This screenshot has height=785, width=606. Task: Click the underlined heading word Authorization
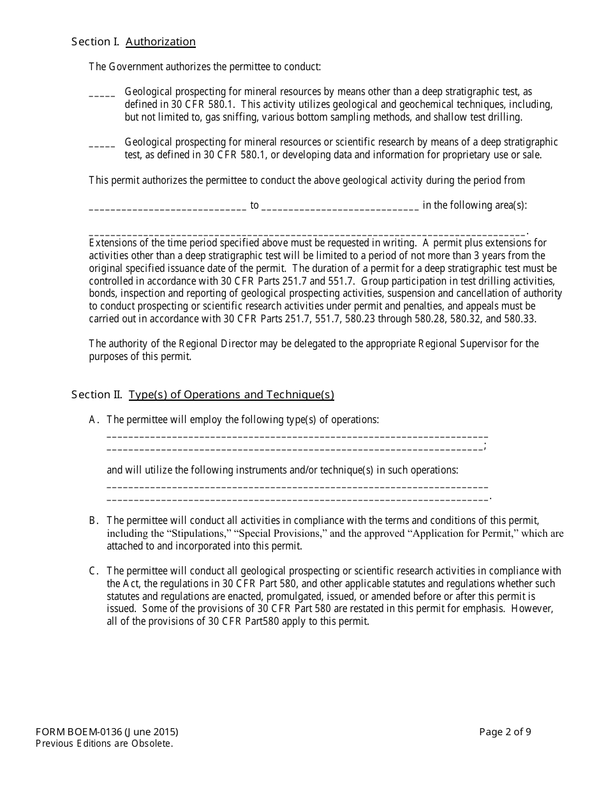161,42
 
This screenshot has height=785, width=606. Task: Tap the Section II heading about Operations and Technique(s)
231,394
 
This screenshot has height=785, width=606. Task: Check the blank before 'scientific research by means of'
102,145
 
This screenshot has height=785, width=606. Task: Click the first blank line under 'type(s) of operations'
297,436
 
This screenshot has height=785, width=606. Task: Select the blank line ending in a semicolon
295,449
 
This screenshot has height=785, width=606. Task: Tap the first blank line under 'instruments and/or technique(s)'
297,486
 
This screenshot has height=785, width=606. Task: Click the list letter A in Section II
93,420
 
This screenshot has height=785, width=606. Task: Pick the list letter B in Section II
93,521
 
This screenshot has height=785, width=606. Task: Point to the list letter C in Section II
93,571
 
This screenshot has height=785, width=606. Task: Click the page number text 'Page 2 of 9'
505,732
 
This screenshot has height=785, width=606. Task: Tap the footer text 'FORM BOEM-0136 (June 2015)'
107,732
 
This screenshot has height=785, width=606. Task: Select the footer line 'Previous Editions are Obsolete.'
105,744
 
